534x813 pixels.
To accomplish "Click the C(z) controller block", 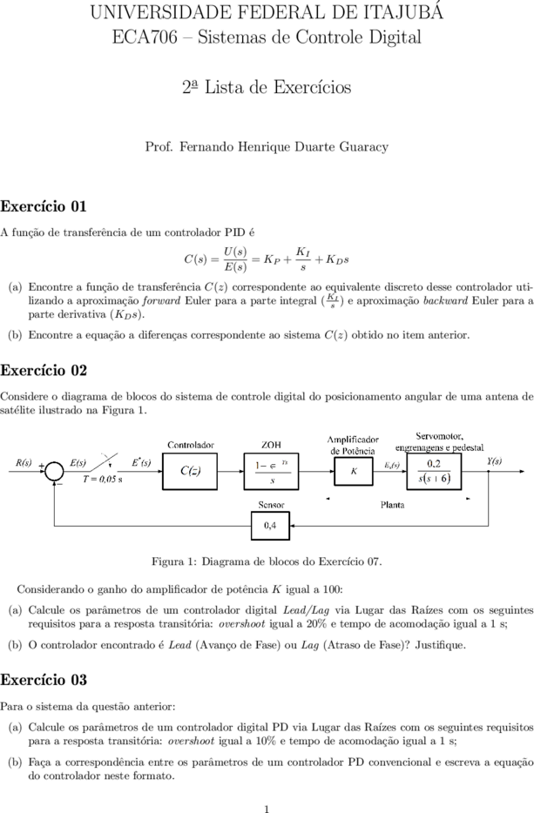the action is click(x=190, y=471).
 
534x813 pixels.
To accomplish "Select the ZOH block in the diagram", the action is click(x=271, y=471).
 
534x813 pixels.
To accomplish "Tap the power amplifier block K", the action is click(x=354, y=471).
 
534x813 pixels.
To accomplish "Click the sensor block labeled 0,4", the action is click(x=270, y=526).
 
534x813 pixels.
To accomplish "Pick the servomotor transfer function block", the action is click(x=434, y=471).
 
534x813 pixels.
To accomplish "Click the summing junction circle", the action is click(x=54, y=471).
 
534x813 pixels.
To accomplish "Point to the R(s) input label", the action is click(x=24, y=462).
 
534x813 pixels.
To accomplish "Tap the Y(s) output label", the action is click(x=495, y=460).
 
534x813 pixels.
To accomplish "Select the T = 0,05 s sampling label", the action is click(x=103, y=479).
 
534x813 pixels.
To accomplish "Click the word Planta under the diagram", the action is click(x=392, y=505).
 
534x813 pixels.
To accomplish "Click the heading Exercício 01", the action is click(x=44, y=206).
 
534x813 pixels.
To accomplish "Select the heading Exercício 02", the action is click(x=44, y=370).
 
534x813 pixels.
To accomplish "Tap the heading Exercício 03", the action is click(x=44, y=680).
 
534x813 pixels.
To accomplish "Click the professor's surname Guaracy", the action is click(x=364, y=147).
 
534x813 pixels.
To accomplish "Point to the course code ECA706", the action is click(x=145, y=37).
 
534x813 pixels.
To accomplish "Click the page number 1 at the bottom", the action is click(x=267, y=808).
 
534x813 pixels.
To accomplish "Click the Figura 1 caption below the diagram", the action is click(x=267, y=561).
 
